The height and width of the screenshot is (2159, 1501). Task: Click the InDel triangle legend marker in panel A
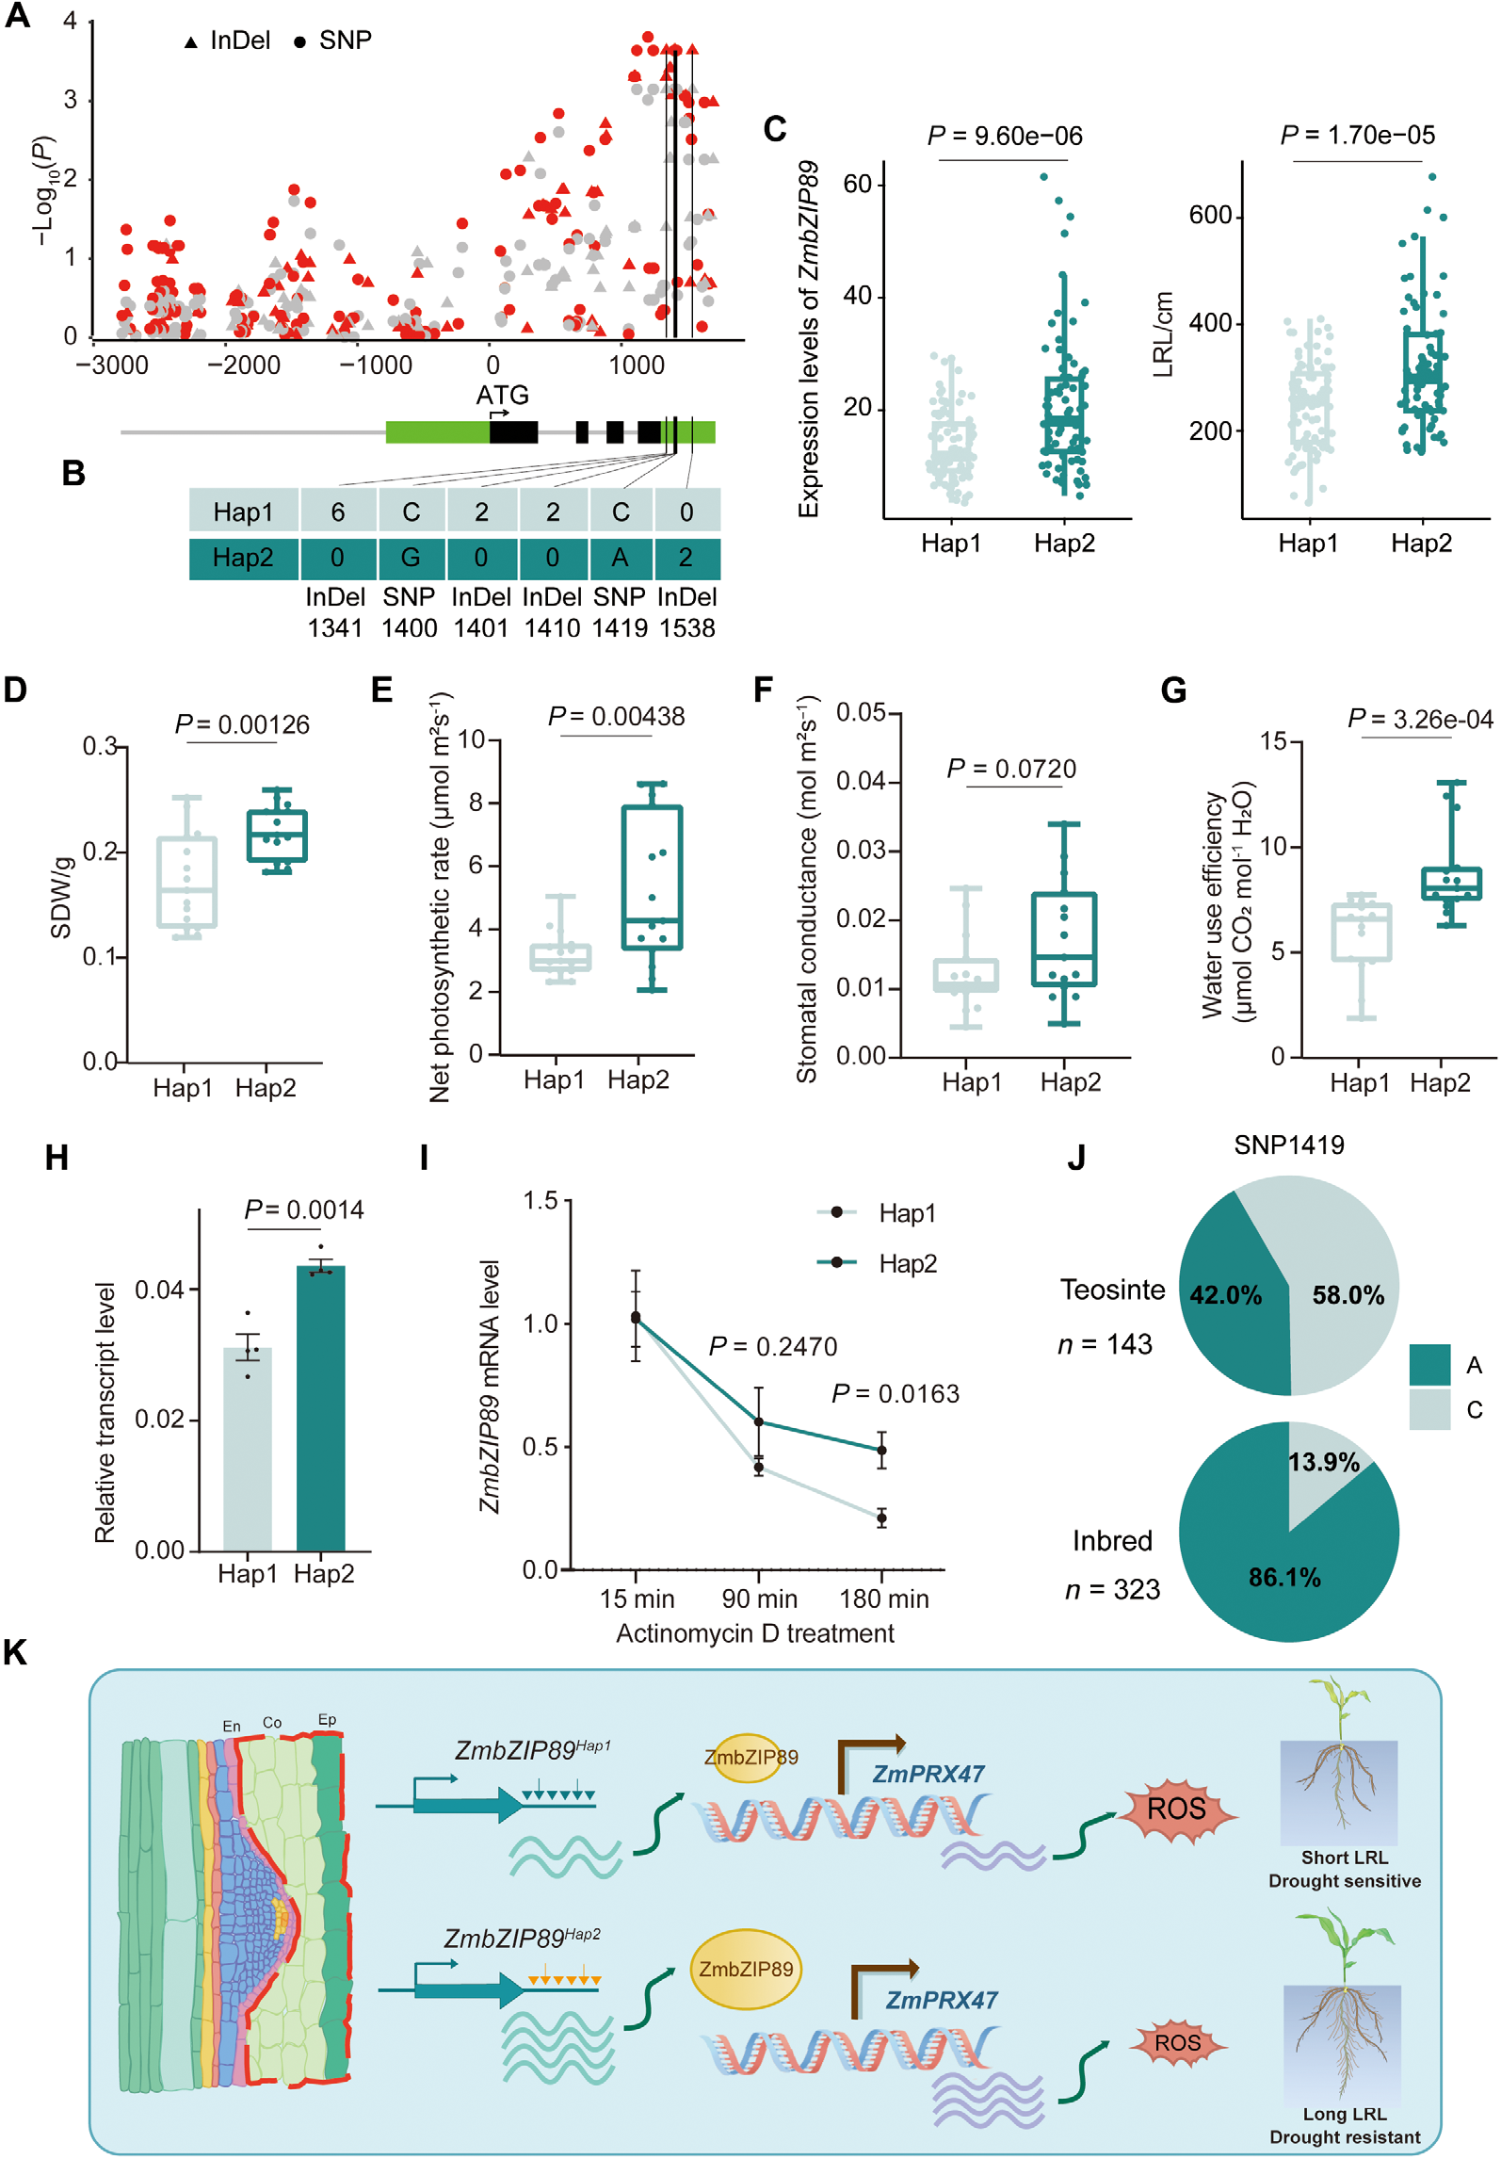(191, 42)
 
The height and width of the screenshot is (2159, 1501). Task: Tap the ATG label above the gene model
(502, 396)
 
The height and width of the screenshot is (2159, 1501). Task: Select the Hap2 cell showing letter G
(411, 559)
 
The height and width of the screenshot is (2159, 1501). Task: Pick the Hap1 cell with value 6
(338, 511)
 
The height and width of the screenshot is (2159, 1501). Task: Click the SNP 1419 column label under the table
(619, 612)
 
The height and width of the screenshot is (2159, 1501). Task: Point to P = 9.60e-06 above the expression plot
(1005, 137)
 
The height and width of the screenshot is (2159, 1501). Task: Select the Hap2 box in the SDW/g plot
(277, 836)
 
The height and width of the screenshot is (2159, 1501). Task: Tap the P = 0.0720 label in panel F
(1011, 770)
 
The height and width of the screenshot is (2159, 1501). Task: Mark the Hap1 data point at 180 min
(881, 1518)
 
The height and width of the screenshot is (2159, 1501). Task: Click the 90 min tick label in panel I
(759, 1599)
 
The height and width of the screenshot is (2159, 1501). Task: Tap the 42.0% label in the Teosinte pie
(1225, 1295)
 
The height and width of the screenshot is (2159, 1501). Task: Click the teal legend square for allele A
(1429, 1365)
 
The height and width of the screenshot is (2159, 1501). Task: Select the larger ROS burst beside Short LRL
(1176, 1809)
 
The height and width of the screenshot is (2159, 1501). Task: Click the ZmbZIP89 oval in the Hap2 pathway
(746, 1970)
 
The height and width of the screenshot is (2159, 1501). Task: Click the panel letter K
(15, 1652)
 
